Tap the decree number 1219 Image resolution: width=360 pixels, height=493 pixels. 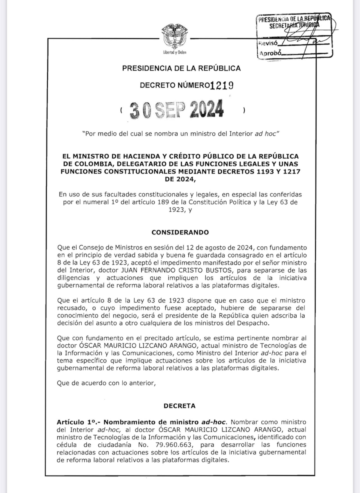pyautogui.click(x=222, y=85)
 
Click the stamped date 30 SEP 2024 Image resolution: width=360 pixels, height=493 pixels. pyautogui.click(x=177, y=109)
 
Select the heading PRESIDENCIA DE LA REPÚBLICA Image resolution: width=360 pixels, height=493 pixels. pyautogui.click(x=181, y=68)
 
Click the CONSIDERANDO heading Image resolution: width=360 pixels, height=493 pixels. pyautogui.click(x=180, y=232)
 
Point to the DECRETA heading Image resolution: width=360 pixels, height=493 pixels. pyautogui.click(x=179, y=406)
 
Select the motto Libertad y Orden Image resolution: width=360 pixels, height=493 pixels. pyautogui.click(x=175, y=52)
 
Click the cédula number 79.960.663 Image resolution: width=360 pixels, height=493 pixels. pyautogui.click(x=174, y=445)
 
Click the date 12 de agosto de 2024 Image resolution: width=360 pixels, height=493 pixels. pyautogui.click(x=220, y=248)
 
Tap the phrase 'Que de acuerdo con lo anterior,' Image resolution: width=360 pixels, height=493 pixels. pyautogui.click(x=106, y=383)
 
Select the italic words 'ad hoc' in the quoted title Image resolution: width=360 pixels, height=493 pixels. pyautogui.click(x=265, y=134)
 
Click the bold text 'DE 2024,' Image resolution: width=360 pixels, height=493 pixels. pyautogui.click(x=180, y=179)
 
